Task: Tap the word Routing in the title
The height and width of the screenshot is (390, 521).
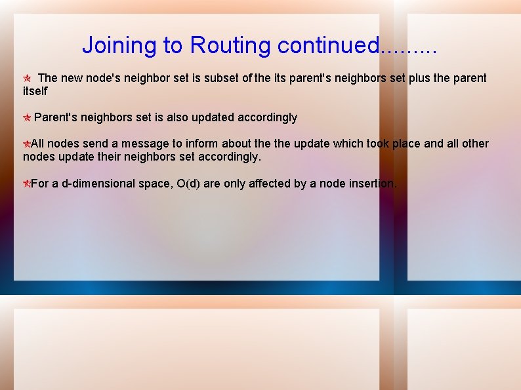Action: (x=230, y=45)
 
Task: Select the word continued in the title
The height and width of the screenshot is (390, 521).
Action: (x=328, y=45)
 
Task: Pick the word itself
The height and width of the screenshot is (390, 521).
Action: (x=35, y=91)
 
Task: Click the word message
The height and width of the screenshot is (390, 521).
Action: (x=144, y=144)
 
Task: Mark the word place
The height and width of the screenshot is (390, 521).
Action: (x=406, y=144)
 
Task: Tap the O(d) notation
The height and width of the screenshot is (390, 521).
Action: (x=188, y=184)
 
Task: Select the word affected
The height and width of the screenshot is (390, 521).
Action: (x=266, y=184)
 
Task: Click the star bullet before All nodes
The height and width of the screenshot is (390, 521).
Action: (x=26, y=144)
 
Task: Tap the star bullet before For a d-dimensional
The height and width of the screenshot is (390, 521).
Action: (x=26, y=184)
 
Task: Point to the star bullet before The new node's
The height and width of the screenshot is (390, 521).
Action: (x=27, y=78)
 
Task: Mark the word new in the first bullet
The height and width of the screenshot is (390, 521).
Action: (x=72, y=78)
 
